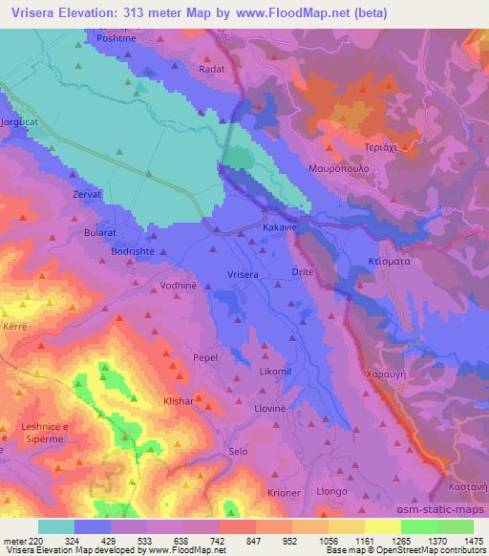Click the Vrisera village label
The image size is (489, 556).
243,274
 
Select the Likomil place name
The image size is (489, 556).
277,369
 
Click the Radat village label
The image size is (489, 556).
212,70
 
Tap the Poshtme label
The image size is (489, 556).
116,37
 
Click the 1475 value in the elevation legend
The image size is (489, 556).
474,540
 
